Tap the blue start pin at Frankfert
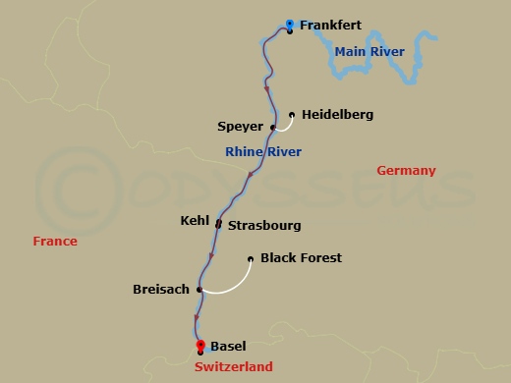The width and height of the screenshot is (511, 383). click(289, 25)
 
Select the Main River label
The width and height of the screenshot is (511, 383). click(369, 51)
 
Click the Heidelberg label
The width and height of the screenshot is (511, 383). click(337, 115)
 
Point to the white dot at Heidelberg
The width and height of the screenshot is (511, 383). click(292, 114)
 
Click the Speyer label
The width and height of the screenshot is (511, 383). click(241, 127)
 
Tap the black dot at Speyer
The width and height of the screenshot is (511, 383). click(272, 128)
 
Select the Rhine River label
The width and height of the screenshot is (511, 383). click(263, 151)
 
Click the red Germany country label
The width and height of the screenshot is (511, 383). click(406, 171)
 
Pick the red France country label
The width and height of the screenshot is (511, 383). click(54, 241)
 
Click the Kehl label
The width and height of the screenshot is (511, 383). click(196, 222)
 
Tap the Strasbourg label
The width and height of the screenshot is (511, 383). click(264, 225)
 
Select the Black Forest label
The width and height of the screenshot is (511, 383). click(301, 258)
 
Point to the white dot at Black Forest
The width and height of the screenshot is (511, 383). click(252, 259)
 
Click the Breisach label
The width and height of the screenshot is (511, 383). click(161, 290)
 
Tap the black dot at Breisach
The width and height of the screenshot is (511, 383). click(199, 290)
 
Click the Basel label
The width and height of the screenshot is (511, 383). click(228, 346)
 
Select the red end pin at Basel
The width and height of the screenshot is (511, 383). click(199, 345)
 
